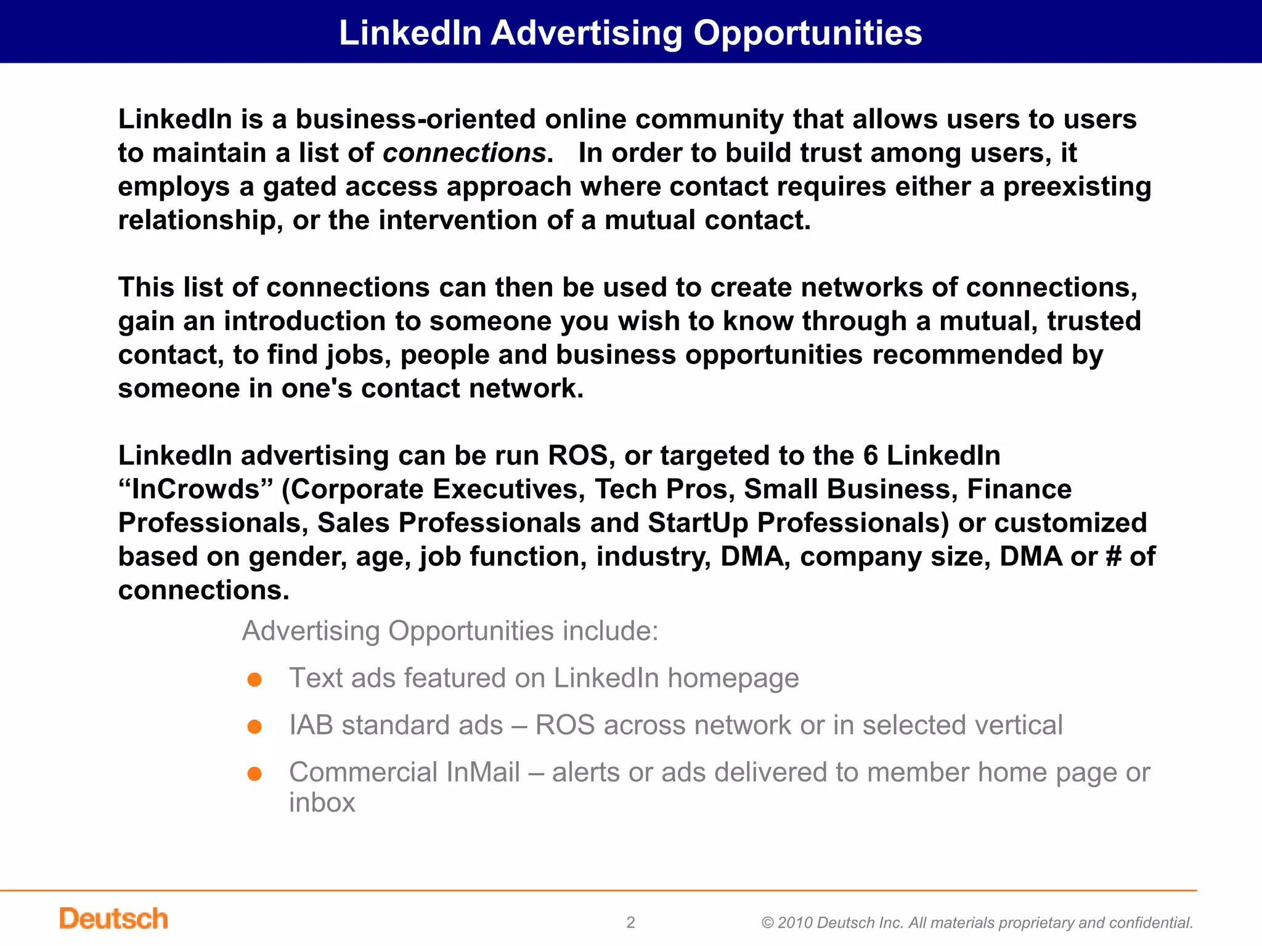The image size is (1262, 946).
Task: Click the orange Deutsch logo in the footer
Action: (113, 918)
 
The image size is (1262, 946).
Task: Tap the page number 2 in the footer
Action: (630, 922)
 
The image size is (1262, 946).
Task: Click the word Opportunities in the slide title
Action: (807, 33)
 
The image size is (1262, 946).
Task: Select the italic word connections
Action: (464, 153)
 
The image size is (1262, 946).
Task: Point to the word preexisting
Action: (1077, 187)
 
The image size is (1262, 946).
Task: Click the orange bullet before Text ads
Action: (254, 680)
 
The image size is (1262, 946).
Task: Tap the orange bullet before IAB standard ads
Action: (254, 727)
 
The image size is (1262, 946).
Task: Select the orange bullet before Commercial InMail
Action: (254, 774)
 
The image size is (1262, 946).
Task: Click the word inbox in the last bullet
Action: (322, 802)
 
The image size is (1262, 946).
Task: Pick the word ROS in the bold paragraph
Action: (577, 456)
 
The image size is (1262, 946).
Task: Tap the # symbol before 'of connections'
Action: (1113, 557)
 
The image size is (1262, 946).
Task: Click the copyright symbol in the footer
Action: (767, 923)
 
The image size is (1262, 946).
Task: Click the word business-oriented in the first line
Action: (415, 119)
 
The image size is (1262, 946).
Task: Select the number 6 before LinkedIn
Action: (870, 456)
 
